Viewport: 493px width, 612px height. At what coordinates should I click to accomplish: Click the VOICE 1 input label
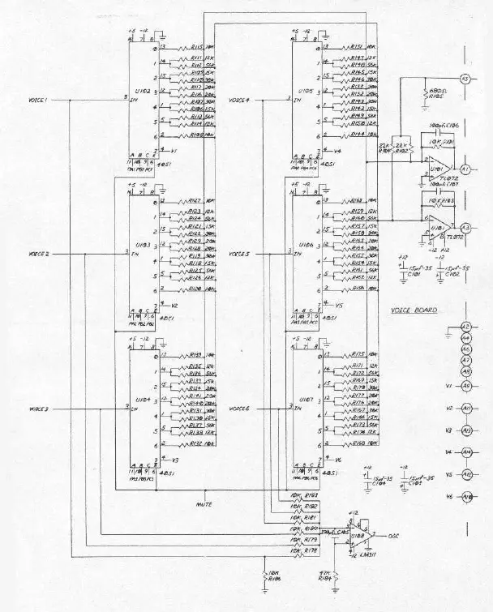(39, 101)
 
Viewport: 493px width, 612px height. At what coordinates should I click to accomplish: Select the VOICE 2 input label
(39, 254)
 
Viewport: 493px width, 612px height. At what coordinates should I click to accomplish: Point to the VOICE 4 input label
(239, 101)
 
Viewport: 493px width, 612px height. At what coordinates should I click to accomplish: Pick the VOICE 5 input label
(239, 254)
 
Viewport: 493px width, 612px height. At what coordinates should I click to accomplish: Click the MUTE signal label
(204, 503)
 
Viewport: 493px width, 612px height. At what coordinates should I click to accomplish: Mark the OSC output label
(393, 536)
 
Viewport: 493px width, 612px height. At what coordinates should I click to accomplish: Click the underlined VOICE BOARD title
(414, 310)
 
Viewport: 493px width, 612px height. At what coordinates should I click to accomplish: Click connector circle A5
(465, 79)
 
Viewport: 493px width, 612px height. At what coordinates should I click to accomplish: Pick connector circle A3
(465, 228)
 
